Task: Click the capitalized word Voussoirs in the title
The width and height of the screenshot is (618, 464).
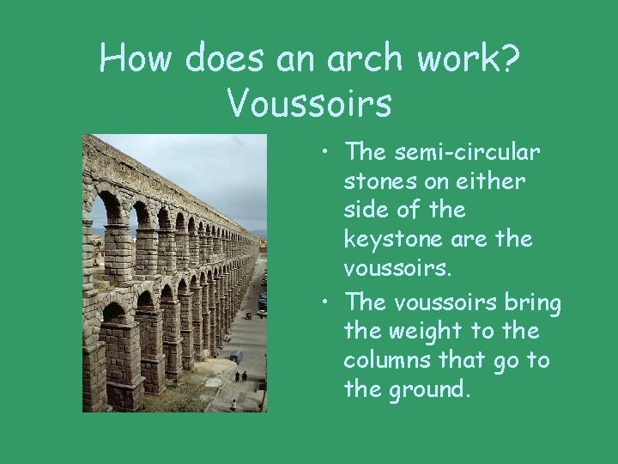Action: [x=310, y=103]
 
